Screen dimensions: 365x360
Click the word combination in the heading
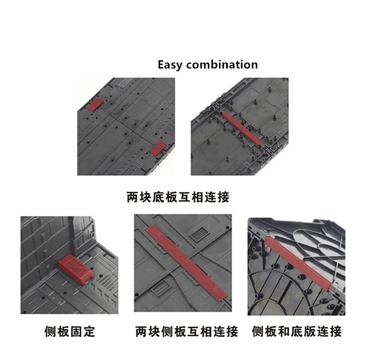coord(222,64)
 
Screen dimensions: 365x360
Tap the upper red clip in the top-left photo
coord(95,104)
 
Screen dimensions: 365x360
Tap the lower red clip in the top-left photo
coord(158,148)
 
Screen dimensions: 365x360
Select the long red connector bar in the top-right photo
coord(242,129)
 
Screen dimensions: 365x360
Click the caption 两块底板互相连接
coord(178,197)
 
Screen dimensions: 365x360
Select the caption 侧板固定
coord(69,331)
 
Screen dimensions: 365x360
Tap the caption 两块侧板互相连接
coord(187,331)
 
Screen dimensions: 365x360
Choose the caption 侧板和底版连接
coord(297,331)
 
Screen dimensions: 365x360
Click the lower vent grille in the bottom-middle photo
coord(160,287)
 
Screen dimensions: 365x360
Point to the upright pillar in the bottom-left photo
coord(82,233)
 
